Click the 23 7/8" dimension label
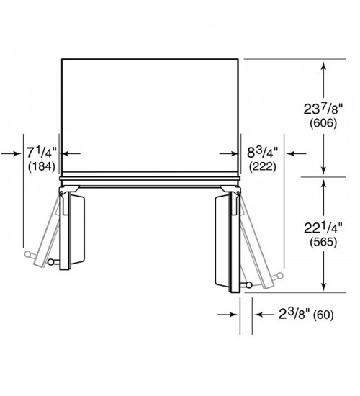[x=323, y=109]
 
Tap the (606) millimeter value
[x=323, y=123]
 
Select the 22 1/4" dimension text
[x=323, y=228]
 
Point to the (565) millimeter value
[x=323, y=242]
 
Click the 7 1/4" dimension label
[x=42, y=153]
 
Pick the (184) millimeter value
[x=42, y=167]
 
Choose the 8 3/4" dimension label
[x=263, y=153]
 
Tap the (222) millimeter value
[x=263, y=167]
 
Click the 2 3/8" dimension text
[x=294, y=314]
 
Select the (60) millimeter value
[x=323, y=315]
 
